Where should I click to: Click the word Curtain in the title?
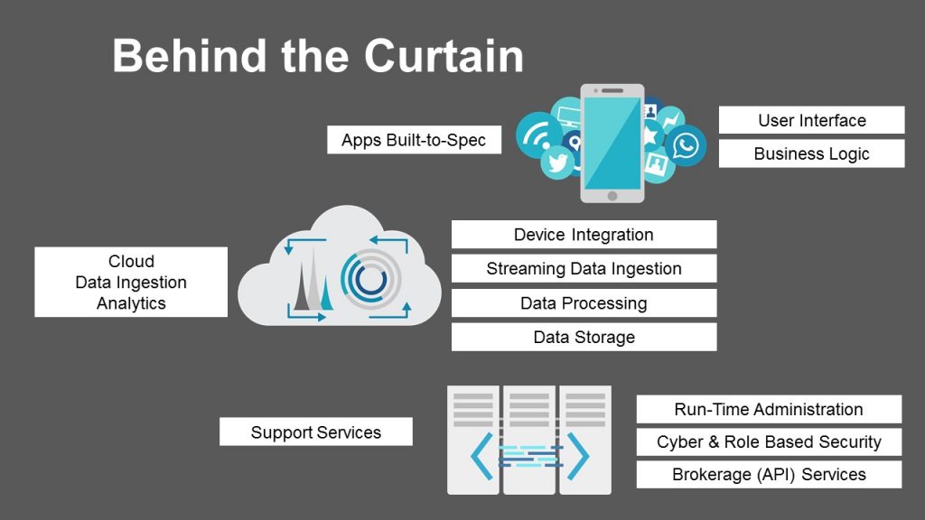[x=444, y=56]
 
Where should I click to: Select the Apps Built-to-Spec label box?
[x=414, y=140]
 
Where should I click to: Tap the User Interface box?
[x=811, y=120]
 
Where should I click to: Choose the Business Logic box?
[x=811, y=153]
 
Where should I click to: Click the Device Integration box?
[x=584, y=235]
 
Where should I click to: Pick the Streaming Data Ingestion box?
[x=584, y=268]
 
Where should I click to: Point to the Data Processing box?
[x=584, y=303]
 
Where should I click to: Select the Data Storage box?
[x=584, y=337]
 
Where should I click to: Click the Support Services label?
[x=315, y=432]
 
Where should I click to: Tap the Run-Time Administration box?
[x=769, y=409]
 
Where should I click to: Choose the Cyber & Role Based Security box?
[x=769, y=441]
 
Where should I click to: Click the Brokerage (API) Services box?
[x=769, y=474]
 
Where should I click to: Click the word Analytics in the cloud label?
[x=131, y=303]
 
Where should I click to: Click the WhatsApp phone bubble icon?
[x=687, y=144]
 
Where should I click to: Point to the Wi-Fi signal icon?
[x=537, y=133]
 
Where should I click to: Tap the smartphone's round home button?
[x=612, y=195]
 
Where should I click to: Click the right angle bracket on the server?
[x=575, y=455]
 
